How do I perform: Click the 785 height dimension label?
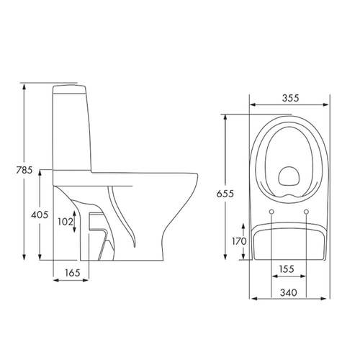coord(24,170)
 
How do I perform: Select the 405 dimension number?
coord(40,215)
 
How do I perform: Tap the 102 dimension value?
coord(65,222)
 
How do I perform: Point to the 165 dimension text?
coord(73,273)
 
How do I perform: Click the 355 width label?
coord(291,98)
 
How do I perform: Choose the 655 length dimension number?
coord(225,194)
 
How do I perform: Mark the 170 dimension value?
coord(239,241)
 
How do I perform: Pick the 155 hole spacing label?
coord(287,269)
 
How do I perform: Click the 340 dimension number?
coord(289,292)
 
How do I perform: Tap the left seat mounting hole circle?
coord(271,212)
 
